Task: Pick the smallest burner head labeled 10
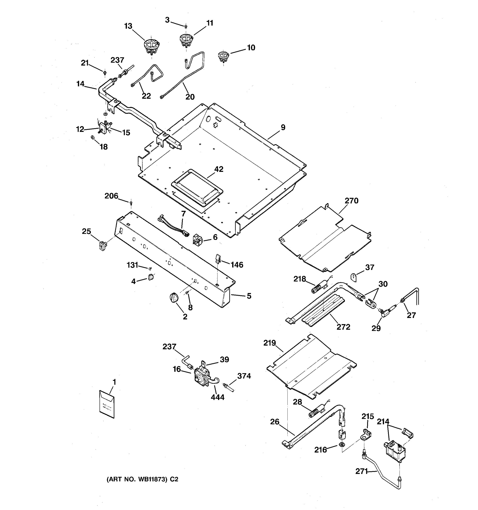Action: click(x=223, y=57)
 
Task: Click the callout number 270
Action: click(x=351, y=201)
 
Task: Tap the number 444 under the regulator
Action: click(x=218, y=397)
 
